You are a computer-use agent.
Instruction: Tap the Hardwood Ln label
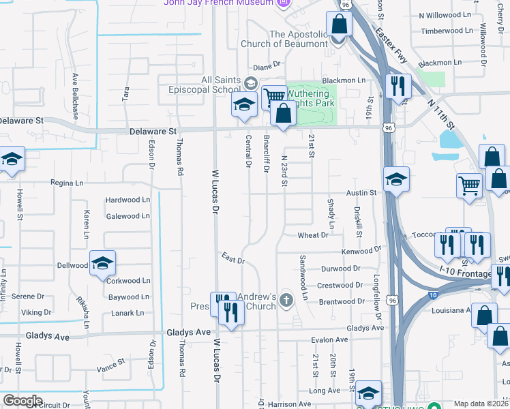click(127, 200)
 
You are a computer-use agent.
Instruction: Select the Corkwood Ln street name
click(128, 280)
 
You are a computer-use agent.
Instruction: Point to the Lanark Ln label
click(126, 313)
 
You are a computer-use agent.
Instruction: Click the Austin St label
click(361, 193)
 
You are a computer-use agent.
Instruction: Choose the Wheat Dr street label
click(313, 235)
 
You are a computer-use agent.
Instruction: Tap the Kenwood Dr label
click(361, 251)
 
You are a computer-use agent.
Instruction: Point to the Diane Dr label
click(267, 66)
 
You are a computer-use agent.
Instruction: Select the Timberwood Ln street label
click(446, 31)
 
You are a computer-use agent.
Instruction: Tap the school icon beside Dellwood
click(102, 264)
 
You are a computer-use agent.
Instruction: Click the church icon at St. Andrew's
click(286, 299)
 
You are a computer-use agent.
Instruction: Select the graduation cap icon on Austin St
click(396, 180)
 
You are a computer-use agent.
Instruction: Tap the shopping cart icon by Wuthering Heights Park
click(274, 97)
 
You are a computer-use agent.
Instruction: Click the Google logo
click(22, 401)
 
